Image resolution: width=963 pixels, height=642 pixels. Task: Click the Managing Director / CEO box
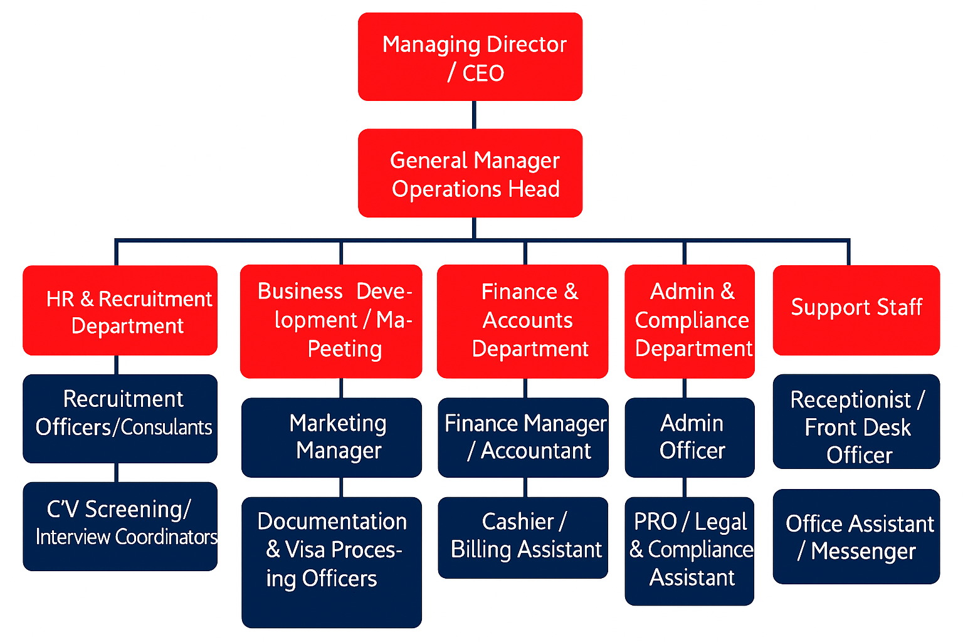click(470, 56)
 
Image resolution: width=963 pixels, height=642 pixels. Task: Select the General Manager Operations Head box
click(470, 173)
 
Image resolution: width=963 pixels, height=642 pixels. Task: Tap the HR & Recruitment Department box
click(120, 310)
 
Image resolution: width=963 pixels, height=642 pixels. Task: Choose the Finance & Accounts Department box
click(522, 321)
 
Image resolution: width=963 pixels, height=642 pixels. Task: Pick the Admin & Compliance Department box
click(690, 321)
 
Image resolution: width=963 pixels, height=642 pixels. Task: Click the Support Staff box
click(856, 310)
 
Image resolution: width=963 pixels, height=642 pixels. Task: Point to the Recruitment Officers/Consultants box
click(120, 418)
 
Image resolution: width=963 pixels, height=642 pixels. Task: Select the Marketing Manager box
click(331, 437)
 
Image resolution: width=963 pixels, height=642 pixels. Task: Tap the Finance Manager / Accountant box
click(523, 437)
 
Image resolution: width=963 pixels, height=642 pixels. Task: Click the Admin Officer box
click(690, 437)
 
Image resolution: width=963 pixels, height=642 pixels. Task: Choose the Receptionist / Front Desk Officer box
click(856, 421)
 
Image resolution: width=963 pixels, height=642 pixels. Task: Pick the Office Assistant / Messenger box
click(856, 537)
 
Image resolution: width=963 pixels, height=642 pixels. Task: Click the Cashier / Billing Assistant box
click(523, 537)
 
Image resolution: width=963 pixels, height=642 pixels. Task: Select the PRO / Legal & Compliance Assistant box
click(690, 551)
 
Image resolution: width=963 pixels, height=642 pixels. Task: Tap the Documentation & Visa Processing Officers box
click(331, 562)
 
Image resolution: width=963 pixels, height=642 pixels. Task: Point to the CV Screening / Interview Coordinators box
click(120, 526)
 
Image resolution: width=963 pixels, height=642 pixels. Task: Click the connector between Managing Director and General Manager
click(474, 115)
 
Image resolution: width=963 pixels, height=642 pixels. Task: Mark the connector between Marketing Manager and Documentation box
click(341, 487)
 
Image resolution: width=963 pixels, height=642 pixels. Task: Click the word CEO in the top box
click(483, 73)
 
